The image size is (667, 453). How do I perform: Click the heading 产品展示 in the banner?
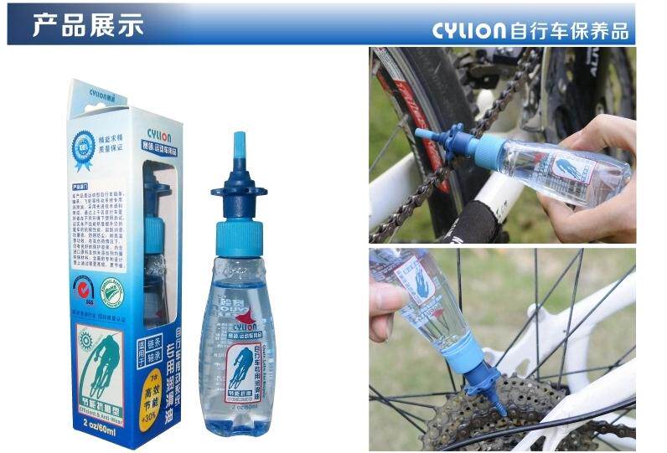tap(87, 24)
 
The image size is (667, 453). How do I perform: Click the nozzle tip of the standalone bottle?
tap(240, 143)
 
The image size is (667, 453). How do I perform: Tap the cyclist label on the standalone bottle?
tap(241, 368)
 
